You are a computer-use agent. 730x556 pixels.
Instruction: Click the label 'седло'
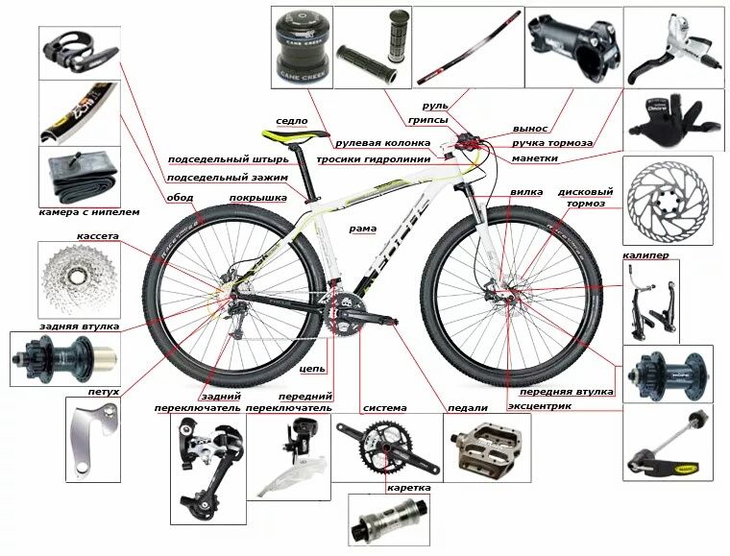coord(291,122)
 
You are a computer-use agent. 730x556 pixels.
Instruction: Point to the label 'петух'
coord(104,392)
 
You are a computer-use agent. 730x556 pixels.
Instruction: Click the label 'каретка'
coord(408,488)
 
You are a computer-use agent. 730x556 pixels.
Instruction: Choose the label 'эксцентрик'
coord(539,406)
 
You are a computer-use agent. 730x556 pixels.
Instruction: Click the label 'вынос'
coord(530,128)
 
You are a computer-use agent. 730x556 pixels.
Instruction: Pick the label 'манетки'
coord(535,157)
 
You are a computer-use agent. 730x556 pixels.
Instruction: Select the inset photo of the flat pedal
coord(485,448)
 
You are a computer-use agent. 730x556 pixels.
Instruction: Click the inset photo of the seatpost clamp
coord(77,49)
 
